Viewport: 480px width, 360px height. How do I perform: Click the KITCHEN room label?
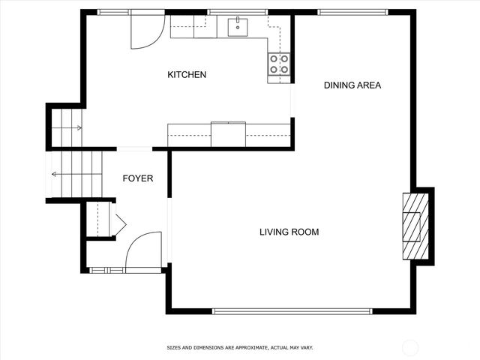click(187, 75)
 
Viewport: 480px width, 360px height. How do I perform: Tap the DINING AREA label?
click(352, 85)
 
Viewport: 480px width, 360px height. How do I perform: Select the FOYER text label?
click(138, 178)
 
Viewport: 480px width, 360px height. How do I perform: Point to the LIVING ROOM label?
click(289, 232)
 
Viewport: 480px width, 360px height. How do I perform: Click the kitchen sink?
click(238, 27)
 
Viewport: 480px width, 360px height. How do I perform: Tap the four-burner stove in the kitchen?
click(279, 64)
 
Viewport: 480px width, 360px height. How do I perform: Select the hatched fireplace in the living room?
click(415, 225)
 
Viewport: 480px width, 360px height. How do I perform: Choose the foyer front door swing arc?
click(142, 250)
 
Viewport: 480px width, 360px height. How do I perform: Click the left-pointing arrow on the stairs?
click(55, 174)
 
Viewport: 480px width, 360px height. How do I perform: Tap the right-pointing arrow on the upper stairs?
click(78, 128)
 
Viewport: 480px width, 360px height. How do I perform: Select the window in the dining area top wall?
click(352, 12)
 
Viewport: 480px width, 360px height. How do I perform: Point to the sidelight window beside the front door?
click(106, 270)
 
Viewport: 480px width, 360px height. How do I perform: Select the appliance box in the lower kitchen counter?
click(228, 133)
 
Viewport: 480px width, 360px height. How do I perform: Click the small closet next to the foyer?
click(98, 219)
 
